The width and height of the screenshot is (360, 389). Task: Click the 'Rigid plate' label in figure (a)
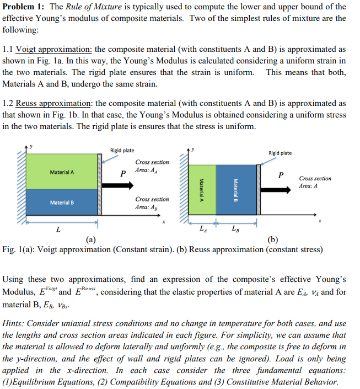tap(122, 151)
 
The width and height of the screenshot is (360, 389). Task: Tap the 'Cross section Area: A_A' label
tap(152, 166)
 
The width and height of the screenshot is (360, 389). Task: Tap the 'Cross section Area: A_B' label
tap(152, 203)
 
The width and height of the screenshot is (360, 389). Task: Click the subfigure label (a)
tap(92, 239)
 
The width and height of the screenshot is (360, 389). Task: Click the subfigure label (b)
tap(273, 239)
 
